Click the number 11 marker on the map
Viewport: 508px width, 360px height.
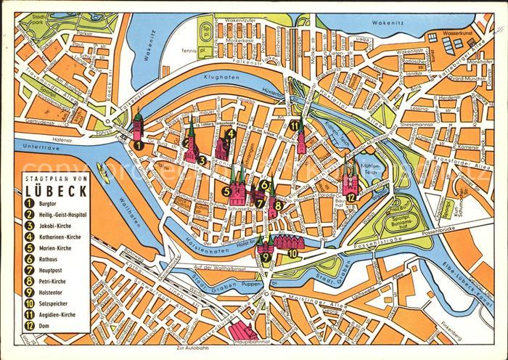(293, 126)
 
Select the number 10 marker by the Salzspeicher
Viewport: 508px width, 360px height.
(292, 253)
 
